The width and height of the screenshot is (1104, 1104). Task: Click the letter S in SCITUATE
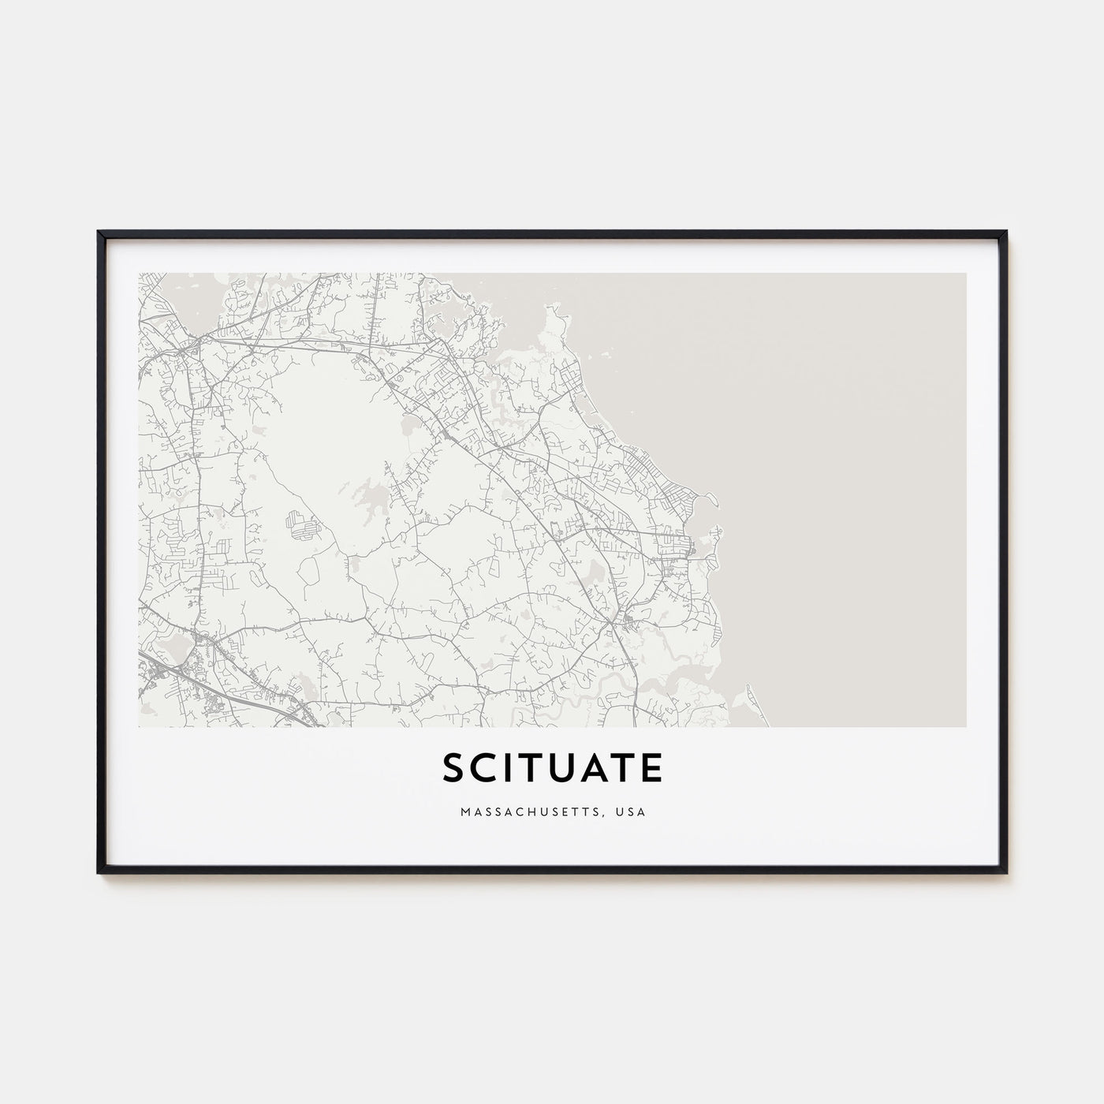455,769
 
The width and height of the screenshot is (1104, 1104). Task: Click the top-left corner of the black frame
99,233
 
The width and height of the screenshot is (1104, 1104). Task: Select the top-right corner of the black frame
1005,233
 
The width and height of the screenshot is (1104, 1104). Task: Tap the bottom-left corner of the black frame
99,871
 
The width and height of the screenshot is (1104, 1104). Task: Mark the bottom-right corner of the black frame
1005,871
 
